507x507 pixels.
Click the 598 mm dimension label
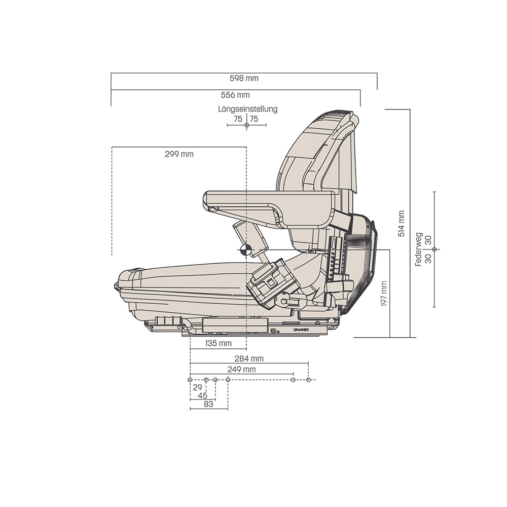244,78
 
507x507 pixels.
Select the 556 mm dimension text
235,95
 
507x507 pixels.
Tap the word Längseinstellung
248,109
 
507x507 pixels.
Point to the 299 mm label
179,154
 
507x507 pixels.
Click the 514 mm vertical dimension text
401,224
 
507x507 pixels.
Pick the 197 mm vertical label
384,294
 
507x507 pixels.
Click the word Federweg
419,249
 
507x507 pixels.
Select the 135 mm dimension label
219,343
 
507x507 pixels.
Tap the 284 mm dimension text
249,358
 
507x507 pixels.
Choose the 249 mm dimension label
241,369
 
